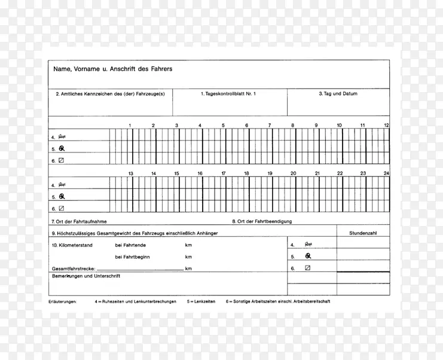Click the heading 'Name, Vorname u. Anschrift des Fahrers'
click(x=113, y=69)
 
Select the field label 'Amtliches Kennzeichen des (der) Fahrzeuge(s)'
click(x=111, y=94)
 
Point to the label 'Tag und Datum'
click(x=338, y=94)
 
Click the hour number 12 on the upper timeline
click(x=386, y=126)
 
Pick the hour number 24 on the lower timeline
click(x=386, y=173)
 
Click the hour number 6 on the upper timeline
click(x=246, y=126)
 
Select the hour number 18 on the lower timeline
click(x=246, y=173)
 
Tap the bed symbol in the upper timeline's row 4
click(x=62, y=136)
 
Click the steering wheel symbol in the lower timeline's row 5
click(x=62, y=196)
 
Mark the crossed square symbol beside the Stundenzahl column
click(x=308, y=269)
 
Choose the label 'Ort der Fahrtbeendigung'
click(x=262, y=221)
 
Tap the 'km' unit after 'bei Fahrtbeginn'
click(x=188, y=257)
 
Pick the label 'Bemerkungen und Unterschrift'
click(x=86, y=276)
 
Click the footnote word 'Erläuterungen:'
click(x=63, y=301)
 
